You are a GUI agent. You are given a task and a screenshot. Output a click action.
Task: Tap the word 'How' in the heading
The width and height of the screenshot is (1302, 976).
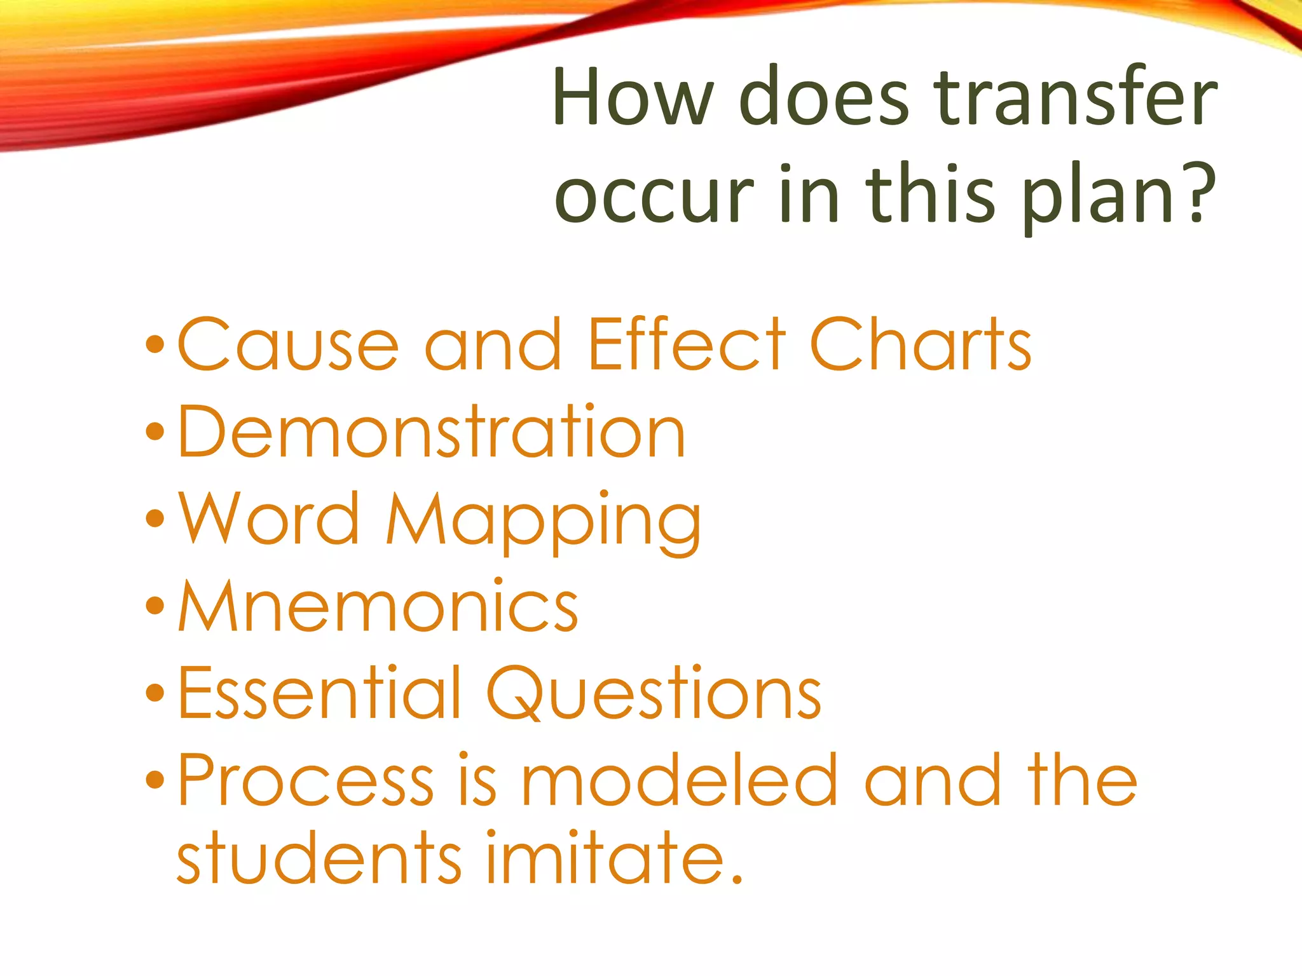click(633, 97)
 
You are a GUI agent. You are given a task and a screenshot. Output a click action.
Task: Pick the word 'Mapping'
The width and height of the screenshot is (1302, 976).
click(544, 521)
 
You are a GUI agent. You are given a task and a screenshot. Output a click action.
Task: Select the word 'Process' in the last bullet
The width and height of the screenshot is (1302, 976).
click(305, 780)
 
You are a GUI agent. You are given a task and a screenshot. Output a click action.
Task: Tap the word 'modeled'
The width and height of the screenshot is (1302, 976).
click(679, 780)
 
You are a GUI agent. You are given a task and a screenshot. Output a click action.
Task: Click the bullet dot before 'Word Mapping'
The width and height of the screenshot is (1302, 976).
click(154, 518)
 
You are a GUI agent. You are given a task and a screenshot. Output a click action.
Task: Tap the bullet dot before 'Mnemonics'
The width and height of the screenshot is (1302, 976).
click(154, 606)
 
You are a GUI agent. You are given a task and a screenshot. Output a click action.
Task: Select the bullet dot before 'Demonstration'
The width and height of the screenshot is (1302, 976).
click(154, 432)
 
